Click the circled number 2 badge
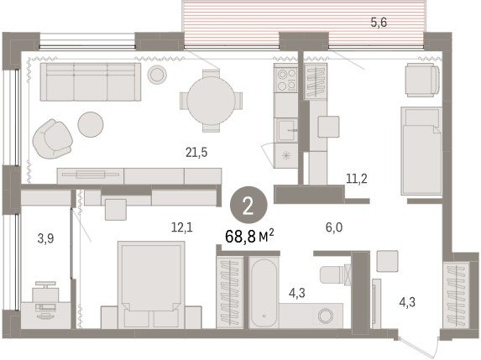248,206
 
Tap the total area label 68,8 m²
249,236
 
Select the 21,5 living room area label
196,152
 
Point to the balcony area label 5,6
379,23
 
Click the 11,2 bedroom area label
357,179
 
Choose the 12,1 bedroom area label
182,227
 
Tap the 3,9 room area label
45,238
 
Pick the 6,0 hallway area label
334,227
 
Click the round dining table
211,101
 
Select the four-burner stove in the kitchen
286,80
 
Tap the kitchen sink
286,130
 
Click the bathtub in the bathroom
264,293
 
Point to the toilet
335,274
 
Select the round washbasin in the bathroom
325,316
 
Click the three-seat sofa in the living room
91,82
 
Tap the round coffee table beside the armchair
91,124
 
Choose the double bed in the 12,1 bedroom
151,284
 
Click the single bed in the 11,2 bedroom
421,151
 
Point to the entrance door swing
419,347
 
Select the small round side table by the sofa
157,74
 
